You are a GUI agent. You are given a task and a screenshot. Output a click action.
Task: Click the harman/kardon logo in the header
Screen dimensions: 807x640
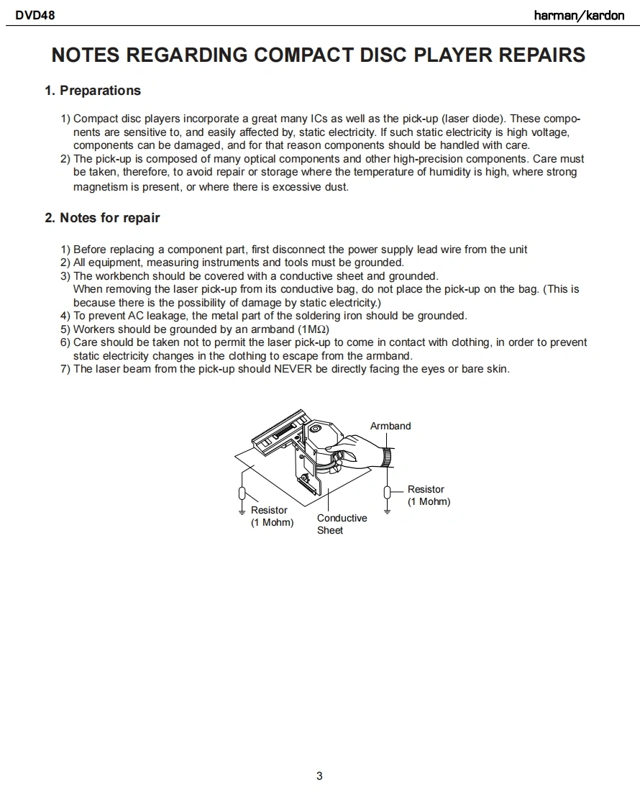(579, 15)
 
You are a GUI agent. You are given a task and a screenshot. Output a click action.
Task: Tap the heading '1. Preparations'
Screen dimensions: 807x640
(93, 91)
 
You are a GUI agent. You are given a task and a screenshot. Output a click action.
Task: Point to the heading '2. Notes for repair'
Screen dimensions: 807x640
(102, 218)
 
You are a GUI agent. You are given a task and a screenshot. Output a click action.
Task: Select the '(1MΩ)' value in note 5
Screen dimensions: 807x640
(314, 329)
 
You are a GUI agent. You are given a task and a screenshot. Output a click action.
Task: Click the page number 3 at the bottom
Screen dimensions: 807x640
(319, 775)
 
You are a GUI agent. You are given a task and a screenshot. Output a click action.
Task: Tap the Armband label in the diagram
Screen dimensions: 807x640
(390, 426)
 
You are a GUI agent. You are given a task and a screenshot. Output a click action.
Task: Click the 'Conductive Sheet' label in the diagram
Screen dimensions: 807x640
(342, 524)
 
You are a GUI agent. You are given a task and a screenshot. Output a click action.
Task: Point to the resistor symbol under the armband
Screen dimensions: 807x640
(388, 492)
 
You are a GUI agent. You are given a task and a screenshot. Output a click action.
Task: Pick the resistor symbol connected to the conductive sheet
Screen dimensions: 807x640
(243, 493)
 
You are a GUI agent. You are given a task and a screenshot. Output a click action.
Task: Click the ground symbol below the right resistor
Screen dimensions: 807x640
(388, 511)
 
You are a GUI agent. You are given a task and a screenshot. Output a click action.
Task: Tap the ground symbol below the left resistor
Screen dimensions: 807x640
(243, 512)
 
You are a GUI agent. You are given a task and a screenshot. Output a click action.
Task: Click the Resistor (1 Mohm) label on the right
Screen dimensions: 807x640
(428, 496)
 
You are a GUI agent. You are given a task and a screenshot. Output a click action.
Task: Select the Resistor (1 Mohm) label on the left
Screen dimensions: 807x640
(272, 516)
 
